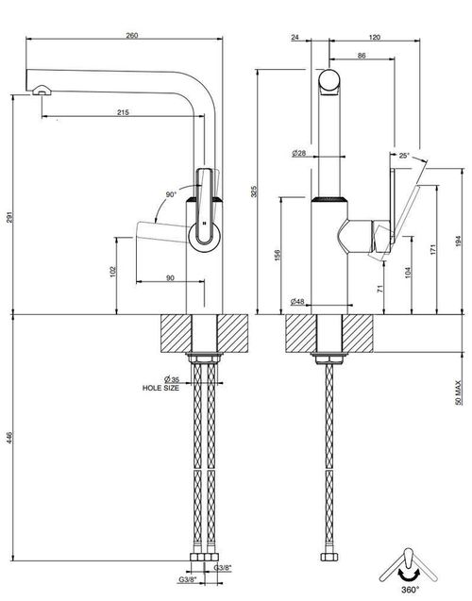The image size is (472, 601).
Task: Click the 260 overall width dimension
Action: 132,36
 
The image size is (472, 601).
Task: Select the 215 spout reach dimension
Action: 123,112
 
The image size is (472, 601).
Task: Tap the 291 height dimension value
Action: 10,217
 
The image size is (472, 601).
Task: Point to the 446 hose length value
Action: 9,438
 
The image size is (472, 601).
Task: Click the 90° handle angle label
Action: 171,194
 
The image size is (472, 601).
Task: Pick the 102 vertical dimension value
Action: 113,272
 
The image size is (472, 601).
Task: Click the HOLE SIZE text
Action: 160,388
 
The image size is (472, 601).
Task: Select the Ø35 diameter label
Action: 172,380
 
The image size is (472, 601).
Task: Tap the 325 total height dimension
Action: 254,192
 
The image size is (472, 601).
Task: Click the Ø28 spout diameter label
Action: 299,153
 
